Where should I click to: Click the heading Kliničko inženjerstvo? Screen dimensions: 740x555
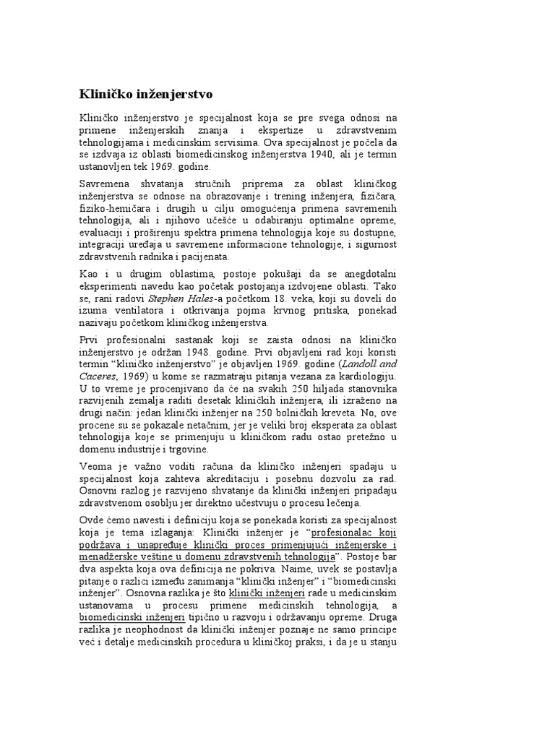coord(145,94)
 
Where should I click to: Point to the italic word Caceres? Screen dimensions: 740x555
coord(97,377)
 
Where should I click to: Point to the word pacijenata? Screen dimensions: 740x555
coord(206,257)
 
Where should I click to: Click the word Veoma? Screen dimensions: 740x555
coord(95,468)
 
